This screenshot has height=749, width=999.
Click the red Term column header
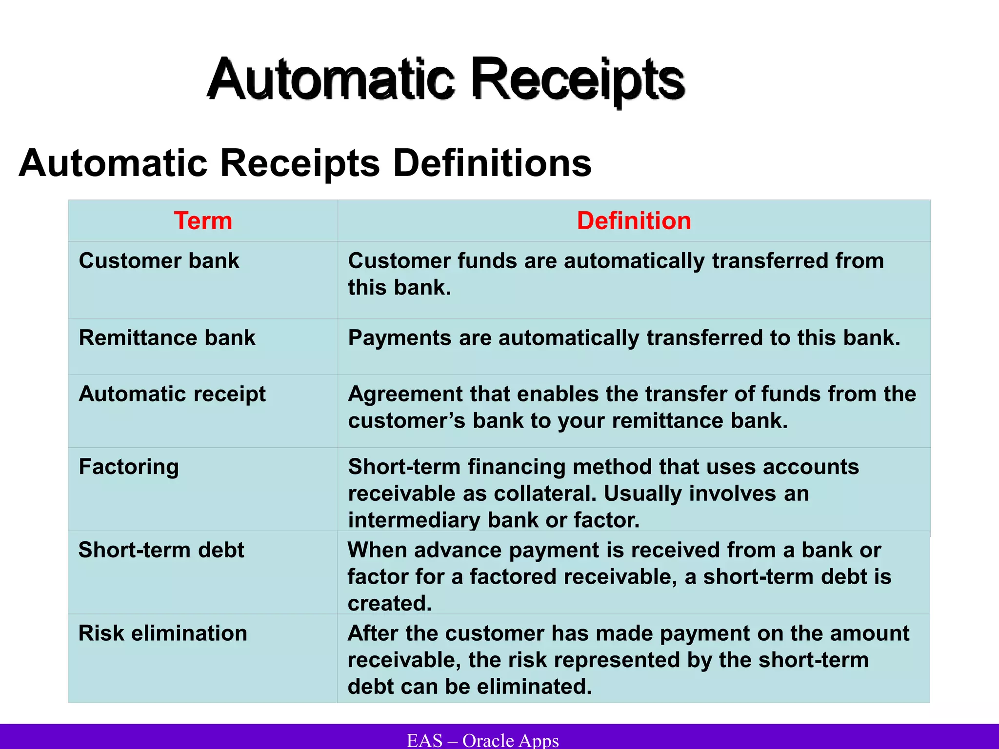coord(203,221)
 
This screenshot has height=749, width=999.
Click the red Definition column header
coord(634,221)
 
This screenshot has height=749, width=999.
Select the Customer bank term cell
coord(159,261)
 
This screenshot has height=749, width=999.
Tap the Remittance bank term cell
coord(167,338)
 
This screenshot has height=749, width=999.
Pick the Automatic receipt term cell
coord(172,394)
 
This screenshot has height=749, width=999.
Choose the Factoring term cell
coord(129,467)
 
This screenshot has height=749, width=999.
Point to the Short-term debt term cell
coord(161,550)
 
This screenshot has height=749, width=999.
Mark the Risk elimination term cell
coord(162,633)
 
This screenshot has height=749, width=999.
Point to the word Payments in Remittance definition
coord(400,338)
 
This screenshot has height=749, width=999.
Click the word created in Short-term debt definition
coord(389,604)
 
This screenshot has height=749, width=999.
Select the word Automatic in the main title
coord(332,79)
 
